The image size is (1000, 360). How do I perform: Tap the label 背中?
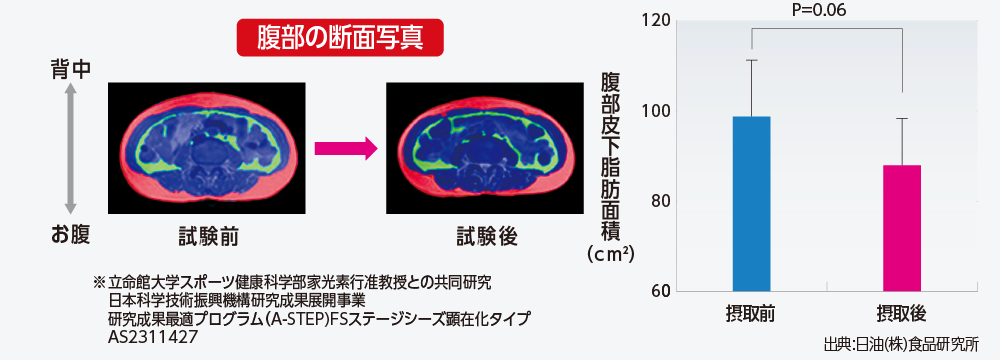click(71, 70)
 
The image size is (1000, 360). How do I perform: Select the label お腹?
click(71, 234)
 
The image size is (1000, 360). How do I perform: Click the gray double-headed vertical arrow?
click(71, 150)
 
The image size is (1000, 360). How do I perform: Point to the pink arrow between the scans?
click(346, 149)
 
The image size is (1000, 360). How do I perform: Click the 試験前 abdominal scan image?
click(207, 148)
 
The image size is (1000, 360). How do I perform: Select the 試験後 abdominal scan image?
click(485, 148)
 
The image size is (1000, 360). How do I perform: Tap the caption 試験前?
click(208, 237)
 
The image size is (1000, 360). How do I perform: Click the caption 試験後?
click(487, 237)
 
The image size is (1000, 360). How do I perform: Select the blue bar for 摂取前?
click(752, 204)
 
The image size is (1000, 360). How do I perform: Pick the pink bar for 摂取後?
click(902, 229)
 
